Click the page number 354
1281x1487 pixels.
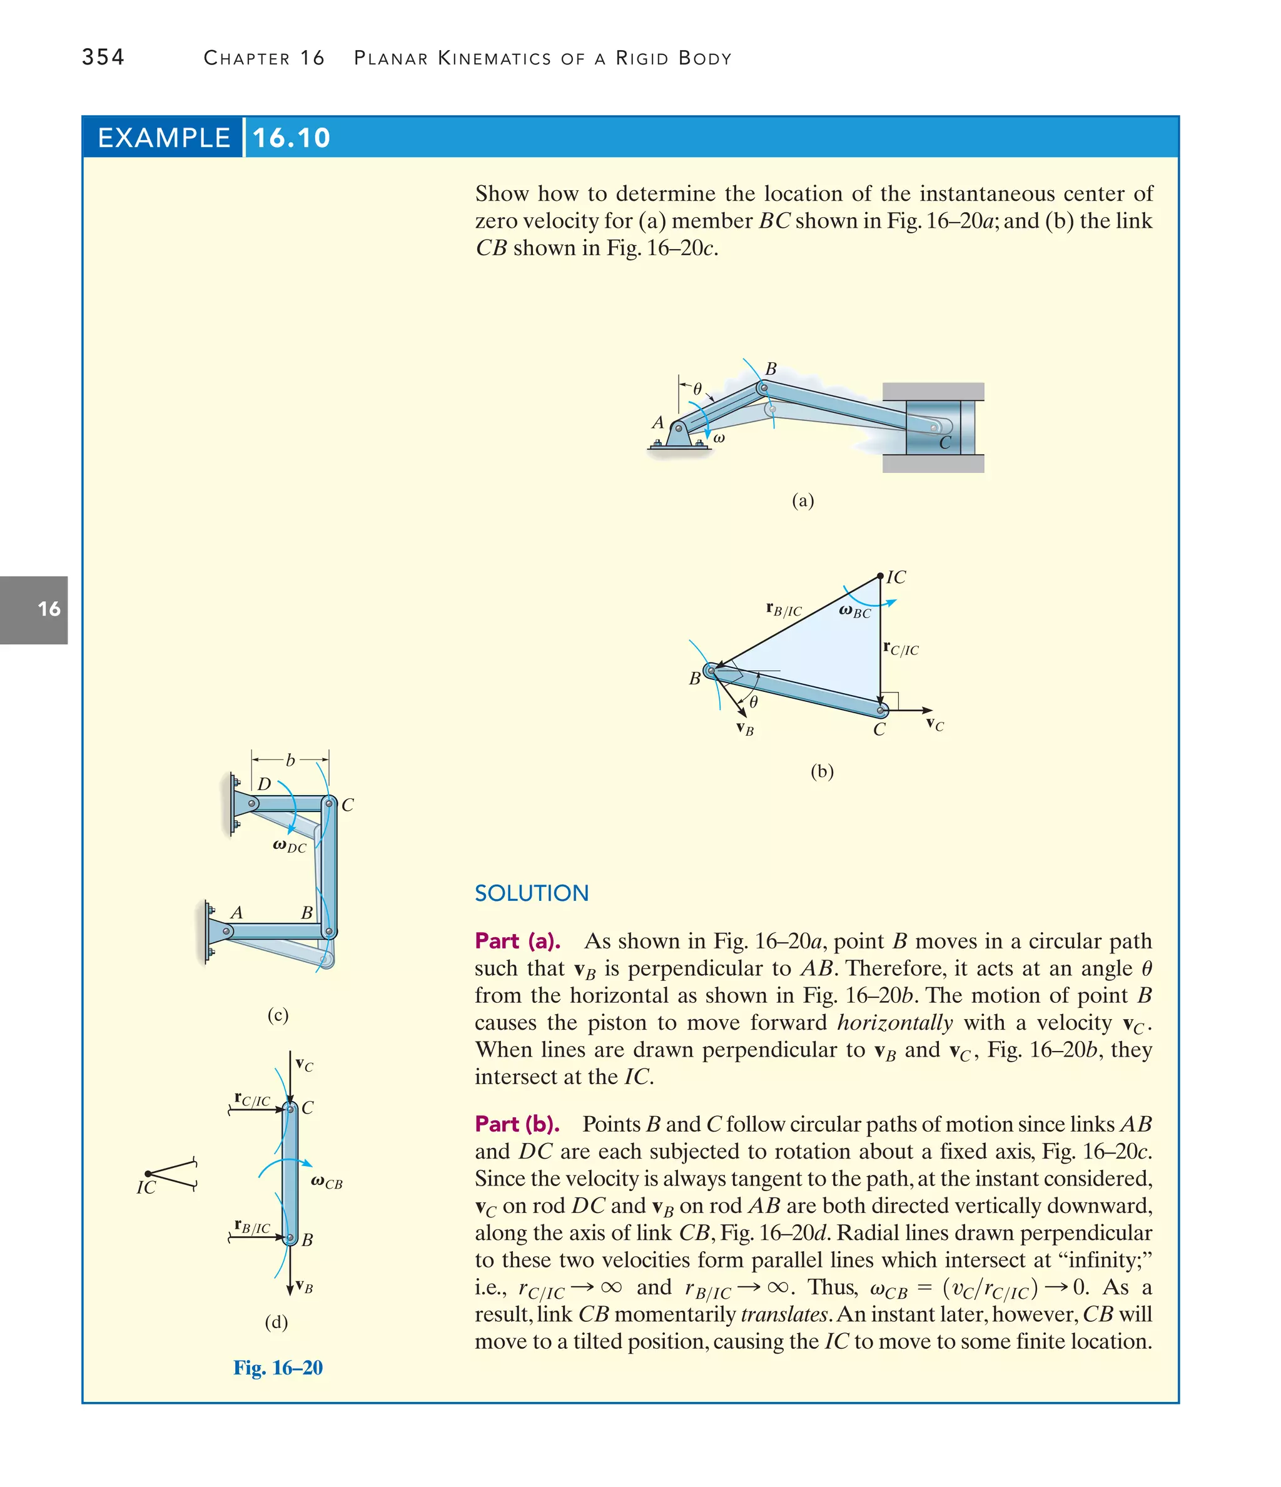click(x=103, y=57)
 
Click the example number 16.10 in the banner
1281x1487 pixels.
click(x=291, y=138)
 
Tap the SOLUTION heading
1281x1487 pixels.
click(x=531, y=893)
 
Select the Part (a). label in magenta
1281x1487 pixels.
click(x=517, y=941)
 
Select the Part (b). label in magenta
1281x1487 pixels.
click(x=517, y=1124)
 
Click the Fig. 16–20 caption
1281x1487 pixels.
click(x=278, y=1368)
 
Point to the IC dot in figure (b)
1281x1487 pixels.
click(x=880, y=576)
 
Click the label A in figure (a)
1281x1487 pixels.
click(x=657, y=423)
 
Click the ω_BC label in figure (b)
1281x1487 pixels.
click(x=854, y=611)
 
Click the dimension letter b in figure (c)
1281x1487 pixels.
click(x=290, y=760)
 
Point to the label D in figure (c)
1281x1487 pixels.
click(x=264, y=784)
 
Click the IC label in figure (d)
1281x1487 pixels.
click(x=146, y=1188)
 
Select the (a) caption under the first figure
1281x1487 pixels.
click(x=803, y=500)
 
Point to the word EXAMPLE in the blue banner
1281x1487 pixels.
click(x=164, y=138)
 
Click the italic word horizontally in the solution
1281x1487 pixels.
click(x=894, y=1022)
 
